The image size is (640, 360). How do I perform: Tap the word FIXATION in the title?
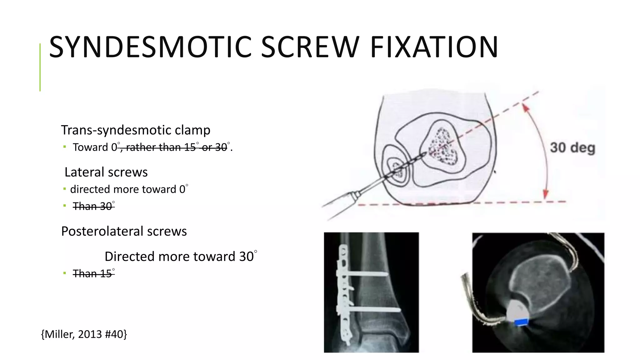tap(434, 47)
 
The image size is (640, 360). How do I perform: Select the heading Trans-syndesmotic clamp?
tap(136, 130)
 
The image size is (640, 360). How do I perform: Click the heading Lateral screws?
tap(106, 172)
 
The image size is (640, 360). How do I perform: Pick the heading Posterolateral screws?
tap(124, 231)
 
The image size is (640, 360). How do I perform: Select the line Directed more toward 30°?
tap(181, 256)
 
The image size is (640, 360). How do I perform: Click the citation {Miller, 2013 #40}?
tap(84, 334)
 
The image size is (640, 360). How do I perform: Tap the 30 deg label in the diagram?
tap(572, 148)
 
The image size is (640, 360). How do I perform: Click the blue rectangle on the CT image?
tap(521, 322)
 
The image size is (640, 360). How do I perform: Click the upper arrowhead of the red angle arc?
tap(526, 108)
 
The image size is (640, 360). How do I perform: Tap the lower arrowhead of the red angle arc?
tap(546, 194)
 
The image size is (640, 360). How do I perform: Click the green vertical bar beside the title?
tap(40, 67)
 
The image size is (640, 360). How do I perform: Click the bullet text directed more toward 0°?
tap(129, 189)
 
